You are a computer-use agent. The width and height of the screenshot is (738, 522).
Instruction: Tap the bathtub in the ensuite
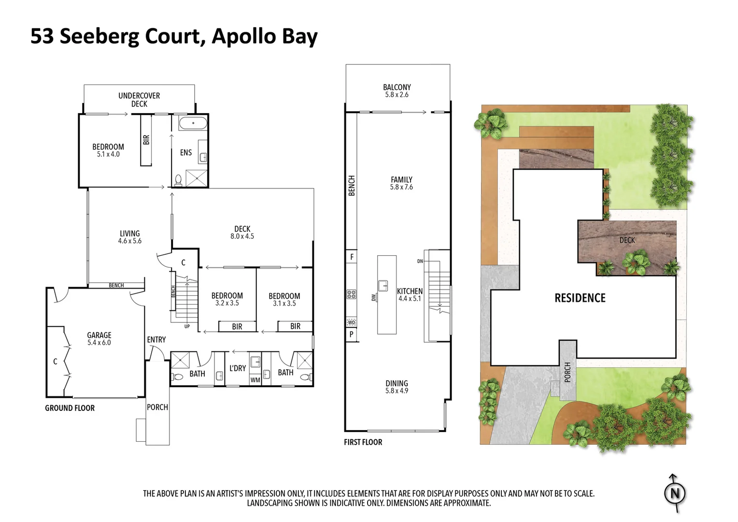click(193, 123)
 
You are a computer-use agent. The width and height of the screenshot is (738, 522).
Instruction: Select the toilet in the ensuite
click(178, 181)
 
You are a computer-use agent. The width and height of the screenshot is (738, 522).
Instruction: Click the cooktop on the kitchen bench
click(351, 294)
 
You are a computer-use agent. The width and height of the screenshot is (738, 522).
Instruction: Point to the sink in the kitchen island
click(383, 286)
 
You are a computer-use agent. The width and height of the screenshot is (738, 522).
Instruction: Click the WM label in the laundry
click(255, 380)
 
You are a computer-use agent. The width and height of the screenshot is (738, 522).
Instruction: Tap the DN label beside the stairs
click(420, 261)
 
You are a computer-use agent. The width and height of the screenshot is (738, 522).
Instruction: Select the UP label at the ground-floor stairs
click(187, 326)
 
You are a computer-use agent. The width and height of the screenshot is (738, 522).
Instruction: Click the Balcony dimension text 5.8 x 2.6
click(397, 95)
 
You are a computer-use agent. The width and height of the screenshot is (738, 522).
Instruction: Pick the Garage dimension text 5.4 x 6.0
click(99, 343)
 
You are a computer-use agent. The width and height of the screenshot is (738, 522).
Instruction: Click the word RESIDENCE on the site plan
click(580, 298)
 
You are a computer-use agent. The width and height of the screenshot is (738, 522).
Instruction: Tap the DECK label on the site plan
click(627, 240)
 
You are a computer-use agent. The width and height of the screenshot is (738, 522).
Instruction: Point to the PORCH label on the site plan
click(567, 372)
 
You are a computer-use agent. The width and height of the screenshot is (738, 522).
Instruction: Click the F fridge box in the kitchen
click(352, 257)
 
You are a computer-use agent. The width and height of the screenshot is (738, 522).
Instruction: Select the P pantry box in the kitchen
click(351, 334)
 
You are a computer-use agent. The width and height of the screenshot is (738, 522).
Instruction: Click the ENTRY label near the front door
click(156, 340)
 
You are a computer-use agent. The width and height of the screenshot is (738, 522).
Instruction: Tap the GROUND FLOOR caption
click(70, 408)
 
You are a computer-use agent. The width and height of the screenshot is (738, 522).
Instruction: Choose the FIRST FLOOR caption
click(363, 442)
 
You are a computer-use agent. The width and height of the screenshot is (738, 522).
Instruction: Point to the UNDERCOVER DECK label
click(139, 100)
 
